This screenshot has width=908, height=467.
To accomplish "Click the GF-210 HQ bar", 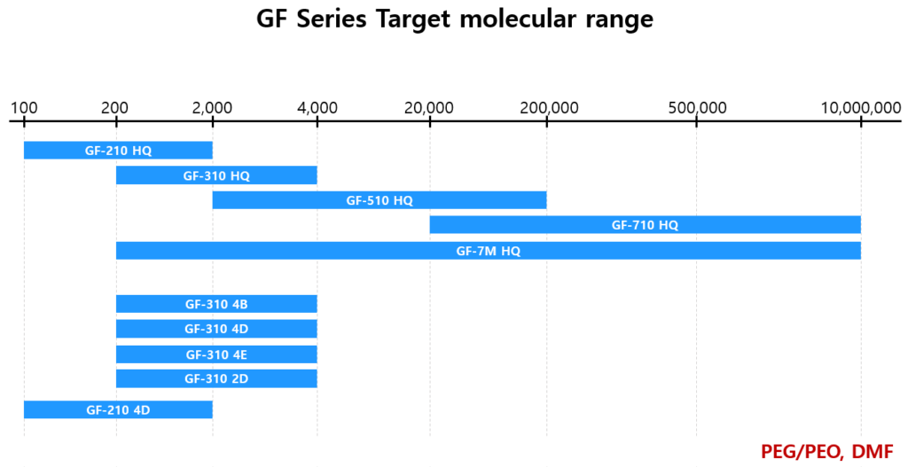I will (x=118, y=151).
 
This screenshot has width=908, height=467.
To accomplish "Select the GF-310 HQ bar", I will (x=216, y=175).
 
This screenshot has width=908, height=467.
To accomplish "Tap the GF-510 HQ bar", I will (x=380, y=200).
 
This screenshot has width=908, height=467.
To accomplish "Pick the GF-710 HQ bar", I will (x=645, y=225).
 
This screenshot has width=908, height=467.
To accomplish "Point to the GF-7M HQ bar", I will (x=488, y=251).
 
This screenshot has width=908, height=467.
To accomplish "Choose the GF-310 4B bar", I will (x=216, y=304).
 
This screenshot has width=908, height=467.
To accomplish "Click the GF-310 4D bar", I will (x=216, y=329).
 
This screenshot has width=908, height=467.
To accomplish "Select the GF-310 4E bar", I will (x=216, y=354).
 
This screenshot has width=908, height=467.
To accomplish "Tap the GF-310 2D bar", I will (x=216, y=379).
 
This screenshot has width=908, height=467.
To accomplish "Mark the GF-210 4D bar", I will (x=118, y=409).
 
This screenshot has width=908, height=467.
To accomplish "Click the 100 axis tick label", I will (x=24, y=108).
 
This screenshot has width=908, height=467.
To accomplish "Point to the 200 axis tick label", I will (x=115, y=108).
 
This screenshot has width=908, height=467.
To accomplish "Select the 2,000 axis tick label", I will (x=212, y=108).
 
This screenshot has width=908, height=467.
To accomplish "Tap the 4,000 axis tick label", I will (x=317, y=108).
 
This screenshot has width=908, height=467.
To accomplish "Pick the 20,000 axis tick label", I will (x=429, y=108).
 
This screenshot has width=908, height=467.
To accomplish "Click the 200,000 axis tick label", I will (x=547, y=108).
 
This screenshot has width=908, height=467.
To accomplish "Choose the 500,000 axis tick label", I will (x=696, y=108).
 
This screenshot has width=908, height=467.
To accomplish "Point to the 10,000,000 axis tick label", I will (x=860, y=108).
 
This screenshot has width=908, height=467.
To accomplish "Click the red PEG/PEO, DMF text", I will (x=826, y=450).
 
